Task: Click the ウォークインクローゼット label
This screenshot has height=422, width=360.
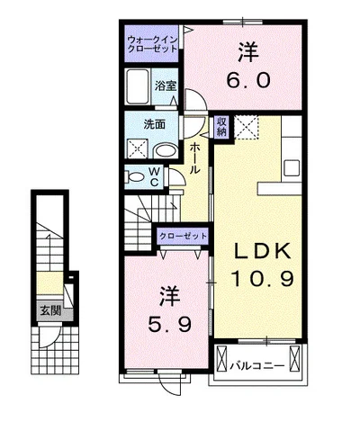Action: [x=152, y=44]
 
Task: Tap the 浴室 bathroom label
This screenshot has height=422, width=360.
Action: [x=165, y=86]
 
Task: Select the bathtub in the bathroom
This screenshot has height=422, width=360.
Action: [x=138, y=86]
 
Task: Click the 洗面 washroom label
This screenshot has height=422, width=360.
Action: [x=154, y=124]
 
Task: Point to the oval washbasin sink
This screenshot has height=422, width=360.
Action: [x=166, y=151]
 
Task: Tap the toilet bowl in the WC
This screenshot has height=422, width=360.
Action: [x=135, y=176]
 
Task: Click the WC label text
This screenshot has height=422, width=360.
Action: [x=154, y=177]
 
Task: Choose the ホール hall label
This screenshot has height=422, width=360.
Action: [x=194, y=157]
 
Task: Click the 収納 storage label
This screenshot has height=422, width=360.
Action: [x=222, y=127]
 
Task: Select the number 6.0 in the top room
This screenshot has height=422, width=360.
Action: [x=247, y=80]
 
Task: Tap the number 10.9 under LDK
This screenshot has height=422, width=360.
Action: [x=262, y=278]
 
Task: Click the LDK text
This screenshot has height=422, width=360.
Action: [x=263, y=251]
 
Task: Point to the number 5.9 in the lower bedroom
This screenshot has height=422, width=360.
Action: [x=170, y=324]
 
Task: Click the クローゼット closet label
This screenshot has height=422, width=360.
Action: [x=183, y=236]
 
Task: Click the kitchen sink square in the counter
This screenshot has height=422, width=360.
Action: [x=292, y=168]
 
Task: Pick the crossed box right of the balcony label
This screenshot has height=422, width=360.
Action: [x=294, y=358]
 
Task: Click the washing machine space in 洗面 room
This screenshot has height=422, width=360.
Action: [x=138, y=148]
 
